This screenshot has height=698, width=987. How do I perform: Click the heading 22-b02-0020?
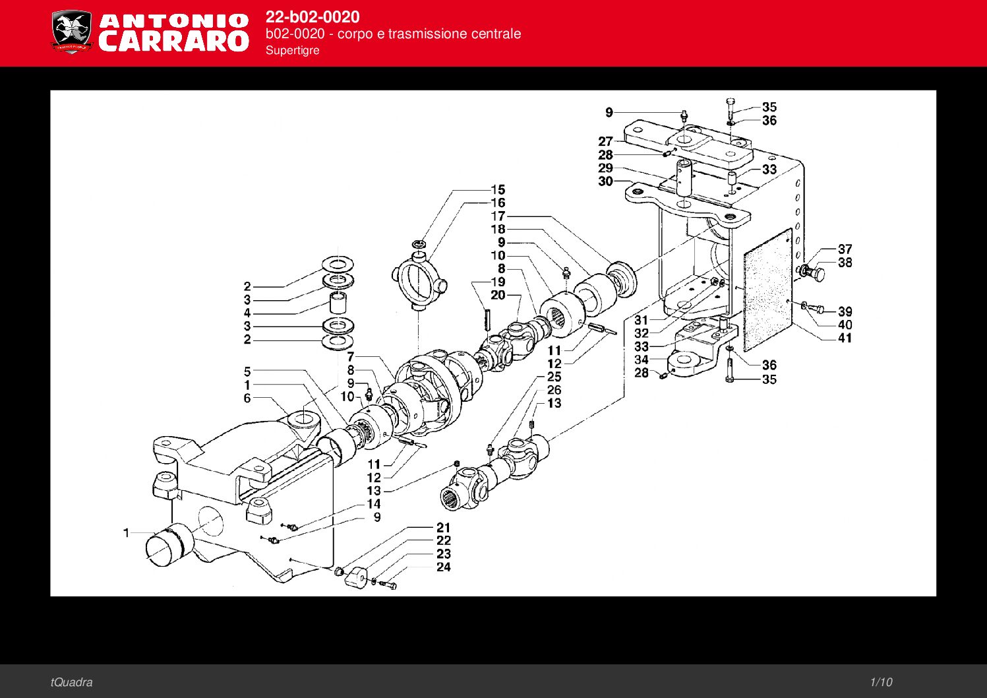[313, 16]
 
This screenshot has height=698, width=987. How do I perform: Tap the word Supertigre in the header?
[292, 50]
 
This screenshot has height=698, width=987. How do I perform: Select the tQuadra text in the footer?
[71, 682]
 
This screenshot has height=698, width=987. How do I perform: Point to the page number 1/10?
[881, 682]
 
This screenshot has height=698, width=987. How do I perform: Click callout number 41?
[845, 338]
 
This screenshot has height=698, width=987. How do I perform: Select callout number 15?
[498, 190]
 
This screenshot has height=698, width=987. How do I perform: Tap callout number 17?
[498, 216]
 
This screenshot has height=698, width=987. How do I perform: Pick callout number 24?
[444, 567]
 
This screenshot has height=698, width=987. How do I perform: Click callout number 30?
[605, 181]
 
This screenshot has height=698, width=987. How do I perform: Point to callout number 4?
[247, 313]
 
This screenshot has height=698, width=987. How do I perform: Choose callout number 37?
[845, 249]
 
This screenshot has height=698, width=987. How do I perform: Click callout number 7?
[351, 357]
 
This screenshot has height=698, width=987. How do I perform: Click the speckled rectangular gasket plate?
[768, 290]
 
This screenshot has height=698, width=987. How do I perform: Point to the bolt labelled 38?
[816, 273]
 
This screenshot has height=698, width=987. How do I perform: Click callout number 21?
[444, 528]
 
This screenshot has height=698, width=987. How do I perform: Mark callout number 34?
[642, 360]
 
